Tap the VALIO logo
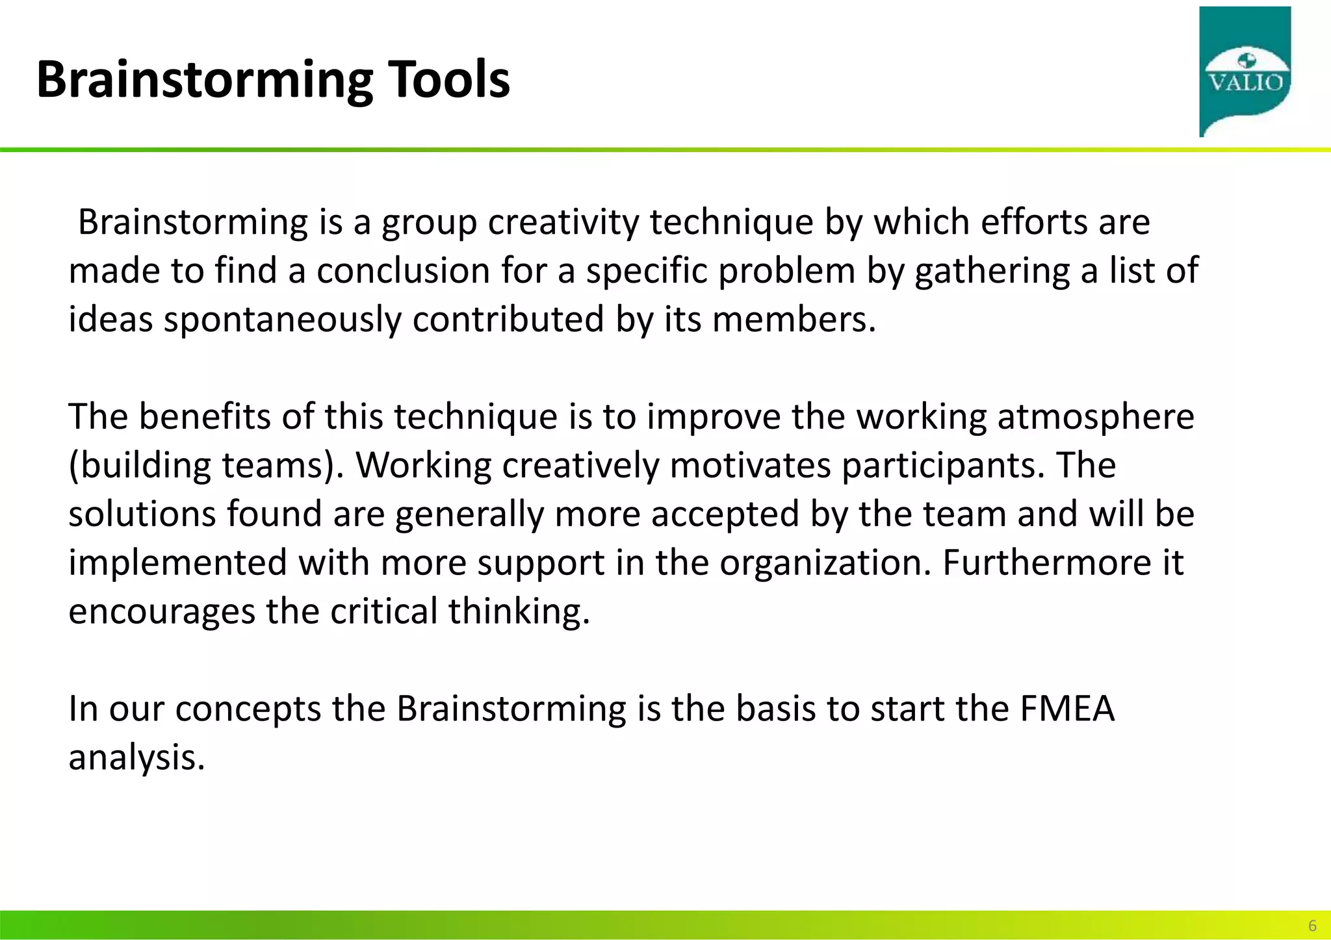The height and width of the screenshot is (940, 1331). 1245,71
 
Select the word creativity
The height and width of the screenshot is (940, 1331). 563,223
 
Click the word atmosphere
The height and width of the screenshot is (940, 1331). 1096,417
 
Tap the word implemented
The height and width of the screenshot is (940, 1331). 177,563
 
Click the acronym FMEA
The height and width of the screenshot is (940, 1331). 1067,709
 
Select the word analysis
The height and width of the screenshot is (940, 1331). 136,758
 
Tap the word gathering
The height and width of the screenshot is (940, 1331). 992,271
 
